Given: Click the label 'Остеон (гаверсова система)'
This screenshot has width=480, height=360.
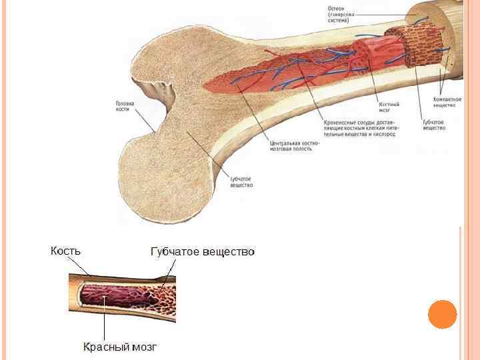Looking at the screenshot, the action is [x=341, y=15].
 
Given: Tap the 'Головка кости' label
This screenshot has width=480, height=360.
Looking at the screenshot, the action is [x=125, y=107].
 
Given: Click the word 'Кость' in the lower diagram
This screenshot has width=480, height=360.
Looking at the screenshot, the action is [x=66, y=251].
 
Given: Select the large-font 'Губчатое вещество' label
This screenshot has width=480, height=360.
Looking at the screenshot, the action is [x=203, y=252].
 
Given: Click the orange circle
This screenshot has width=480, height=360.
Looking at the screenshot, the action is [x=442, y=314].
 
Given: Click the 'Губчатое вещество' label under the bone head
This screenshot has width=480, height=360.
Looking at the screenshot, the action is [x=241, y=182].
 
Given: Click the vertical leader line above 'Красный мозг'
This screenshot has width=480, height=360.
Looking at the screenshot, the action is [x=105, y=320].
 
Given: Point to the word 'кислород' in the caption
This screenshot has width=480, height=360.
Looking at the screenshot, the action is [x=383, y=134].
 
